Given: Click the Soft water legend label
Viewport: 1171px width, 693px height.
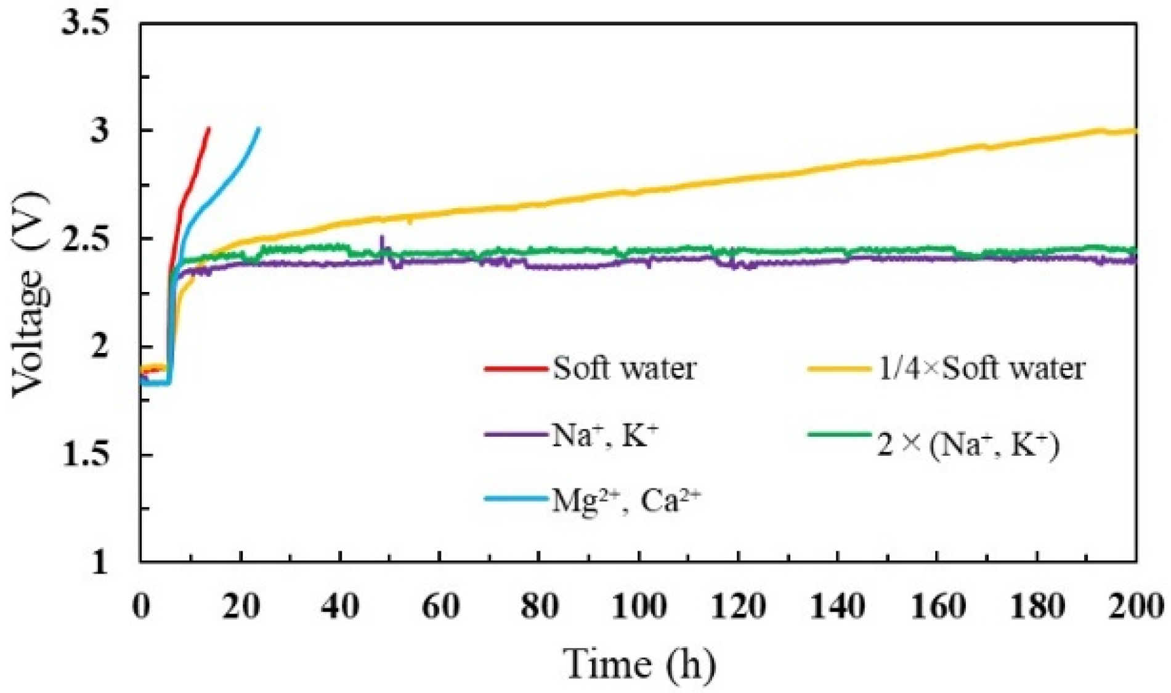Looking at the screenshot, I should [x=624, y=369].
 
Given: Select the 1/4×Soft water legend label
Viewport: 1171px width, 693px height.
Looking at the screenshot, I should [x=981, y=369].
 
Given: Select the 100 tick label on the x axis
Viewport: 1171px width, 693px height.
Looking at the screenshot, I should [x=639, y=607].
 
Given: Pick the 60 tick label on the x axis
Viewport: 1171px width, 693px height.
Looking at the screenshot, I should [x=440, y=607].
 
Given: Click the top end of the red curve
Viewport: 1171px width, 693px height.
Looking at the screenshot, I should [x=209, y=129].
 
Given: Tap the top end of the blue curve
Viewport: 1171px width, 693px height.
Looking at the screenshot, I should [x=259, y=129].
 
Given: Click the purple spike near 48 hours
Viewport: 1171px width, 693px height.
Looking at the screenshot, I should [x=382, y=238].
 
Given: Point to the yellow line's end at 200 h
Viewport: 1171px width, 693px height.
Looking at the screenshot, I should [x=1135, y=131].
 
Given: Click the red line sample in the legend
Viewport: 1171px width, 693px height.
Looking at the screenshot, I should [x=516, y=369].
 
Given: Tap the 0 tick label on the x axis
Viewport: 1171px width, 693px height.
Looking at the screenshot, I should [x=141, y=607].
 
